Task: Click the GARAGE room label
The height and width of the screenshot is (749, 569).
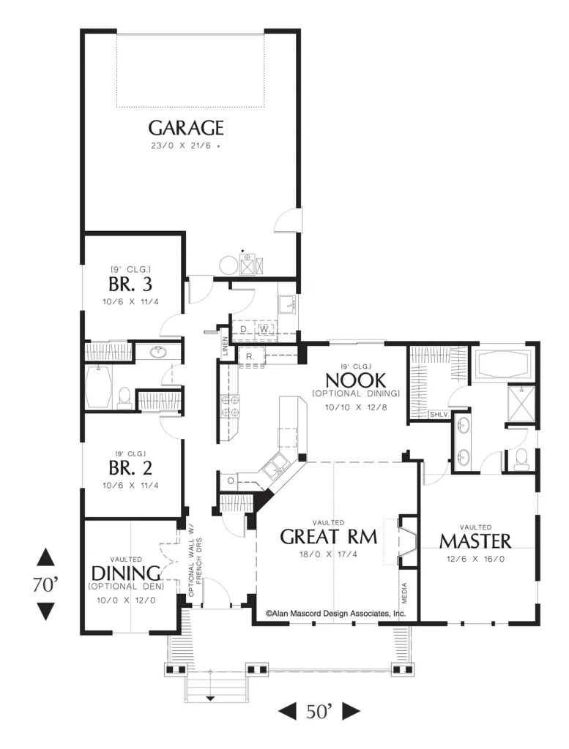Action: pos(185,127)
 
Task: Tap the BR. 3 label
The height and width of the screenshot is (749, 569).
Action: pos(130,285)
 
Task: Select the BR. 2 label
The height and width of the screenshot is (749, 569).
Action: pos(130,468)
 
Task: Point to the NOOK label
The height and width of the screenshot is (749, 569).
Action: pos(355,380)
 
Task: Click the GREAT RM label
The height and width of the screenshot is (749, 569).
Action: pos(329,537)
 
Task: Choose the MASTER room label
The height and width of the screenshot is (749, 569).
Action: pos(475,541)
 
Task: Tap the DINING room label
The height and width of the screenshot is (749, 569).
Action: pos(125,573)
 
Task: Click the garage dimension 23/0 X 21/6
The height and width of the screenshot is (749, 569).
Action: pos(185,146)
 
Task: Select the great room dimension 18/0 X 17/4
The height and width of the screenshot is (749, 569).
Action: pos(329,554)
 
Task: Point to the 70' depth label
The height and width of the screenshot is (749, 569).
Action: pos(45,584)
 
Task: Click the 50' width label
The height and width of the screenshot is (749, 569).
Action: pos(319,711)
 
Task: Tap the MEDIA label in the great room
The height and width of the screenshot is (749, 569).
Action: pos(404,592)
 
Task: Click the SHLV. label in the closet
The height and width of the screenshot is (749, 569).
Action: pos(439,414)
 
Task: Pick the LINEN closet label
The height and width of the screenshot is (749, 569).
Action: pos(225,346)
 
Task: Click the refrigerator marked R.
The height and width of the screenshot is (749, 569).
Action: pos(250,357)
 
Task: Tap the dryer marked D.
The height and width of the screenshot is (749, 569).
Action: pos(245,329)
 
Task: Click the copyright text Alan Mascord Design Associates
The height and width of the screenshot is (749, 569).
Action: pos(335,614)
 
